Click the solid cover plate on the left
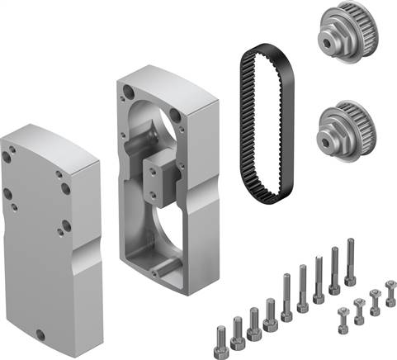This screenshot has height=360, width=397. point(50,215)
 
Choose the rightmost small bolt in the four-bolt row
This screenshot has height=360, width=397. point(390,293)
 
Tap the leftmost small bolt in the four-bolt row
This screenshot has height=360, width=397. point(343,317)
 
